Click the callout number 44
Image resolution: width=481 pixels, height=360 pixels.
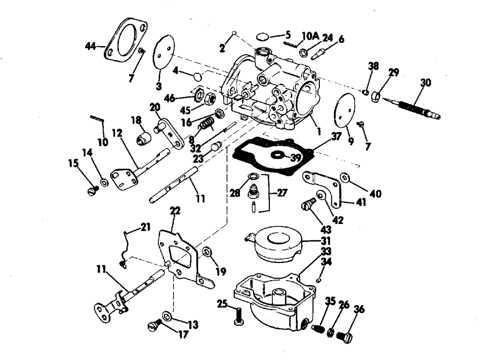point(90,47)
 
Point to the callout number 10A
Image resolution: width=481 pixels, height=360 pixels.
point(310,36)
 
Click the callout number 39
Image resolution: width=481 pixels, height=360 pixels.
point(296,158)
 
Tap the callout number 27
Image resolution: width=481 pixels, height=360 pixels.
point(281,193)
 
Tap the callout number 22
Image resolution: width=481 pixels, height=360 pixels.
point(175,211)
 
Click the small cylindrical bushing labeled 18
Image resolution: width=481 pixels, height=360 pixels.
point(143,138)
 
